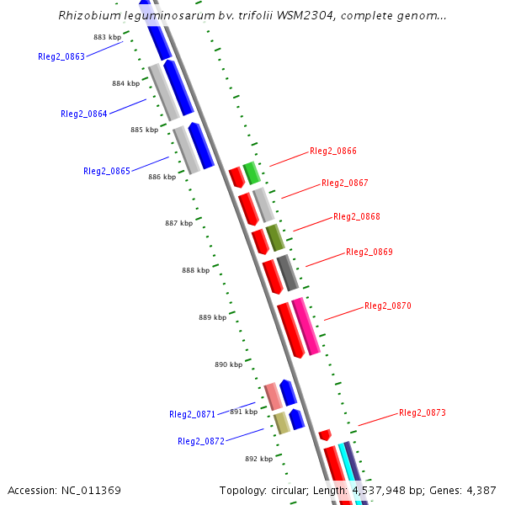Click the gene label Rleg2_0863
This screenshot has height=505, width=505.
pyautogui.click(x=61, y=56)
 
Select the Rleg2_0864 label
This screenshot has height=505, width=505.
pyautogui.click(x=84, y=114)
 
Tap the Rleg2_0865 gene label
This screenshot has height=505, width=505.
pyautogui.click(x=107, y=171)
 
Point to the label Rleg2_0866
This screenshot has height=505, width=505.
pyautogui.click(x=333, y=151)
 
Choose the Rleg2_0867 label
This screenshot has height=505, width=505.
pyautogui.click(x=345, y=183)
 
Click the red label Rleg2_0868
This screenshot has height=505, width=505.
pyautogui.click(x=357, y=216)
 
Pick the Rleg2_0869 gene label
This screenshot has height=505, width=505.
pyautogui.click(x=369, y=252)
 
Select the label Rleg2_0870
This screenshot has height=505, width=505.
pyautogui.click(x=388, y=306)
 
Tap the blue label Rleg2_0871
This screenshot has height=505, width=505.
pyautogui.click(x=193, y=414)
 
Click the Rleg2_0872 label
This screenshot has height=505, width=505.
pyautogui.click(x=201, y=441)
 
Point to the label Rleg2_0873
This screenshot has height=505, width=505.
pyautogui.click(x=423, y=412)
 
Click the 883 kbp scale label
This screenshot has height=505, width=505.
pyautogui.click(x=107, y=38)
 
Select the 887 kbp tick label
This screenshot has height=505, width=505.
pyautogui.click(x=178, y=223)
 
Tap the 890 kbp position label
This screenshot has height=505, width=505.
pyautogui.click(x=228, y=364)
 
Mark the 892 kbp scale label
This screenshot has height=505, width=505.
pyautogui.click(x=259, y=459)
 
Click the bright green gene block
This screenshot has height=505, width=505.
pyautogui.click(x=251, y=173)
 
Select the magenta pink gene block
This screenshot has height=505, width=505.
pyautogui.click(x=306, y=326)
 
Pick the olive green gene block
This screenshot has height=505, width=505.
pyautogui.click(x=275, y=238)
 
